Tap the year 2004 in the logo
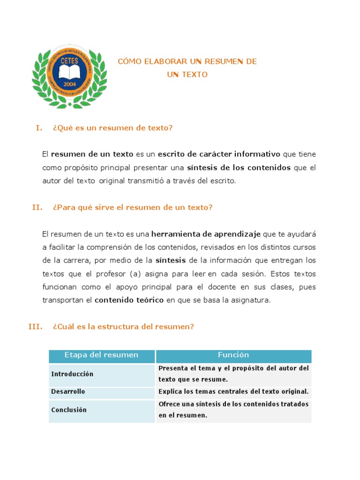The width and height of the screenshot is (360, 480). coord(69,84)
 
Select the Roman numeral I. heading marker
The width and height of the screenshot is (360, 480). coord(39,128)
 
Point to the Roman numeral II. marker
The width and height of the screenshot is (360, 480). coord(37,207)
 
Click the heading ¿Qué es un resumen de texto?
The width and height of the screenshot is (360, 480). coord(113,128)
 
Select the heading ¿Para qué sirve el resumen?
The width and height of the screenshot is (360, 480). coord(133,207)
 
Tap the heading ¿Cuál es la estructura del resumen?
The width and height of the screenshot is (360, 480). coord(123,327)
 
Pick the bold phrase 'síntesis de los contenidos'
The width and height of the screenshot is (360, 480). coord(239,168)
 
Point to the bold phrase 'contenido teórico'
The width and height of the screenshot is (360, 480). coord(129,300)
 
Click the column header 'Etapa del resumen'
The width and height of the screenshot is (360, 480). coord(102,355)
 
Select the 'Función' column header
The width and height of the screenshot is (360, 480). coord(233,355)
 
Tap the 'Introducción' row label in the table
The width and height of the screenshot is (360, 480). coord(72,374)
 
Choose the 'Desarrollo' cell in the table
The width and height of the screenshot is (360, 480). coord(68,391)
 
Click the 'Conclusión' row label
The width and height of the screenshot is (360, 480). coord(69,410)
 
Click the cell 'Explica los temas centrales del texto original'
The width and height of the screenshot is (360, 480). coord(233,391)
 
